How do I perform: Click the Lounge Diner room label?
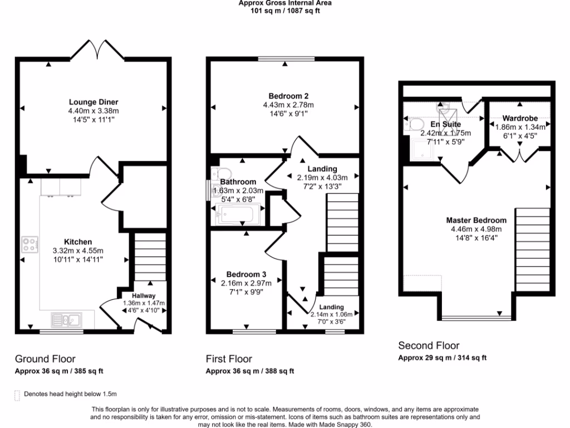pyautogui.click(x=94, y=102)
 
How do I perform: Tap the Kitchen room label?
pyautogui.click(x=78, y=242)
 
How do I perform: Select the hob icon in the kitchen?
pyautogui.click(x=30, y=244)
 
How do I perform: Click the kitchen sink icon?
pyautogui.click(x=66, y=320)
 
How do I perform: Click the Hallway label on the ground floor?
pyautogui.click(x=144, y=296)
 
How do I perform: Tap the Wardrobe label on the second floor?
pyautogui.click(x=520, y=118)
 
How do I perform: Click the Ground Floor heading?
pyautogui.click(x=45, y=359)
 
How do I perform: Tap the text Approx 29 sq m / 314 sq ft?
pyautogui.click(x=442, y=358)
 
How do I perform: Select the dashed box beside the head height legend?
pyautogui.click(x=17, y=395)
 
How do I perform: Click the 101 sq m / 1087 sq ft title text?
pyautogui.click(x=285, y=11)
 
